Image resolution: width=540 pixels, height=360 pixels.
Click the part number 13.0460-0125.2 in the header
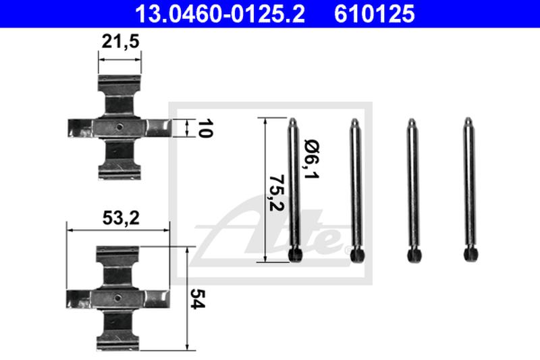click(x=220, y=14)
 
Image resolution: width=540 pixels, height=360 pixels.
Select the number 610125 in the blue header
click(x=375, y=14)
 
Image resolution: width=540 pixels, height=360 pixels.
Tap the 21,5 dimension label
click(x=120, y=42)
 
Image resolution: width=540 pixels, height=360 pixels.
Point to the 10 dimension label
click(x=205, y=128)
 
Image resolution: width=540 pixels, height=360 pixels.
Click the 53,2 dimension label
click(x=121, y=218)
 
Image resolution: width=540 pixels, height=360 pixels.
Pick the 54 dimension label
click(x=198, y=299)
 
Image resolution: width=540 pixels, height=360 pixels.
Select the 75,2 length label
click(x=277, y=193)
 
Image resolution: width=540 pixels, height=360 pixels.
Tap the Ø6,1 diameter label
click(x=312, y=159)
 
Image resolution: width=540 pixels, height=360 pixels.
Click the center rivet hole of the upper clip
click(x=119, y=127)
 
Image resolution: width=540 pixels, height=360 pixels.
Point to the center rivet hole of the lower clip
click(x=117, y=298)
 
